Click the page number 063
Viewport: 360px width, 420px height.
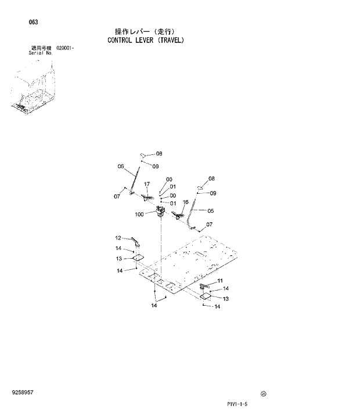33,22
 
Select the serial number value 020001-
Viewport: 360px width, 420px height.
66,48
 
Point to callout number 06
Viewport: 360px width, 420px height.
121,166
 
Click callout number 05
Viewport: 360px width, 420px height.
211,211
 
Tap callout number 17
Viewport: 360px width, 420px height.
147,184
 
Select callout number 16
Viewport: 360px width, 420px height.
186,202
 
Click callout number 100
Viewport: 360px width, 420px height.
139,214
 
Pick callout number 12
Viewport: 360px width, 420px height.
118,238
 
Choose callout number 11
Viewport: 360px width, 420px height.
220,281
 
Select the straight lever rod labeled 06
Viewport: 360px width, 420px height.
135,178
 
